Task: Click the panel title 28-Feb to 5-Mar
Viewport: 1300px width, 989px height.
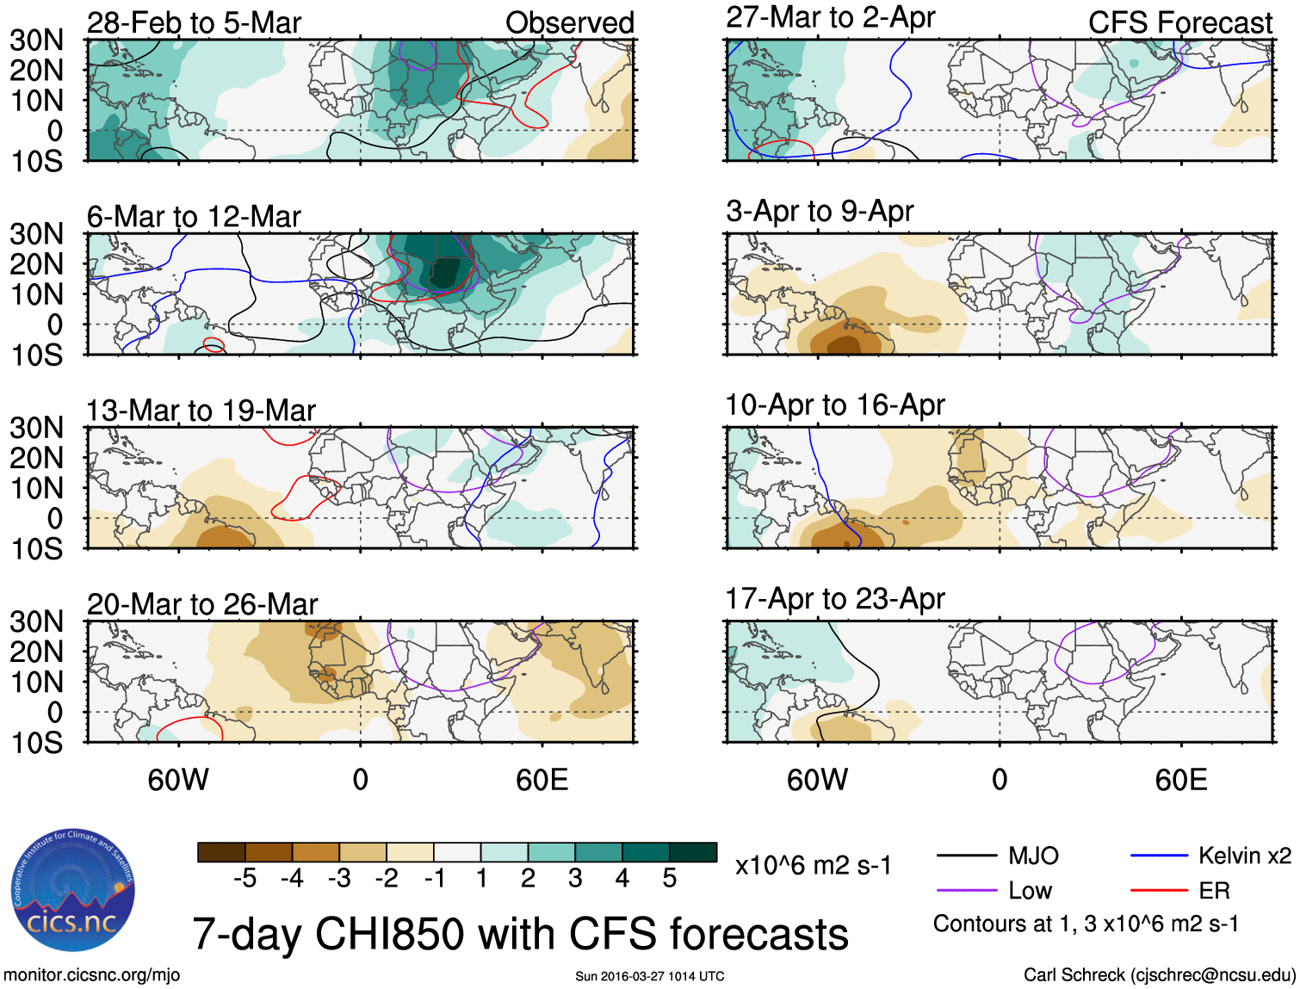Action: [x=194, y=23]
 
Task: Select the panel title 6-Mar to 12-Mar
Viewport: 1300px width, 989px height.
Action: [x=194, y=217]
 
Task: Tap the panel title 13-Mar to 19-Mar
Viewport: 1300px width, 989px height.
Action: [x=201, y=411]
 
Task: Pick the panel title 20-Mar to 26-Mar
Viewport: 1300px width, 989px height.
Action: [x=202, y=604]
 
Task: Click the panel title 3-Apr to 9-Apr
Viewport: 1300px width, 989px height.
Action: [x=819, y=211]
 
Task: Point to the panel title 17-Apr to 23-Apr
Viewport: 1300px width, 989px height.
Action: [x=835, y=598]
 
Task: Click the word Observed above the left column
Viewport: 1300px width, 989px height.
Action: [x=569, y=23]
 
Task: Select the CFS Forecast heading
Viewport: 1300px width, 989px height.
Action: [x=1179, y=23]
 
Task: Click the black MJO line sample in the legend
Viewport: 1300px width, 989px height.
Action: [x=966, y=856]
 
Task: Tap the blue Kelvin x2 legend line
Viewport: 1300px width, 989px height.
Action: [x=1159, y=856]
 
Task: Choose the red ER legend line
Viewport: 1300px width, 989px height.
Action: [x=1159, y=890]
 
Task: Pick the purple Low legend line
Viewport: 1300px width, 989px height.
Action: [x=966, y=890]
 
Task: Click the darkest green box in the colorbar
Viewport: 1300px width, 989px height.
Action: [x=693, y=852]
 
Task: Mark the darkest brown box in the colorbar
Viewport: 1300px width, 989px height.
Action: [x=221, y=852]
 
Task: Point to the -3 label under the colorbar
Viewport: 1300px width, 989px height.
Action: [x=339, y=878]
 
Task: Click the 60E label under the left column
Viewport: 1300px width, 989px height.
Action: [x=542, y=780]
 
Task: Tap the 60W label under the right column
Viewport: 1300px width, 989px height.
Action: [x=817, y=780]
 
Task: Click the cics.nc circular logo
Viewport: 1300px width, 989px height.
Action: [x=72, y=890]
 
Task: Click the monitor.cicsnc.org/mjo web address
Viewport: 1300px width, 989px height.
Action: [x=91, y=974]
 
